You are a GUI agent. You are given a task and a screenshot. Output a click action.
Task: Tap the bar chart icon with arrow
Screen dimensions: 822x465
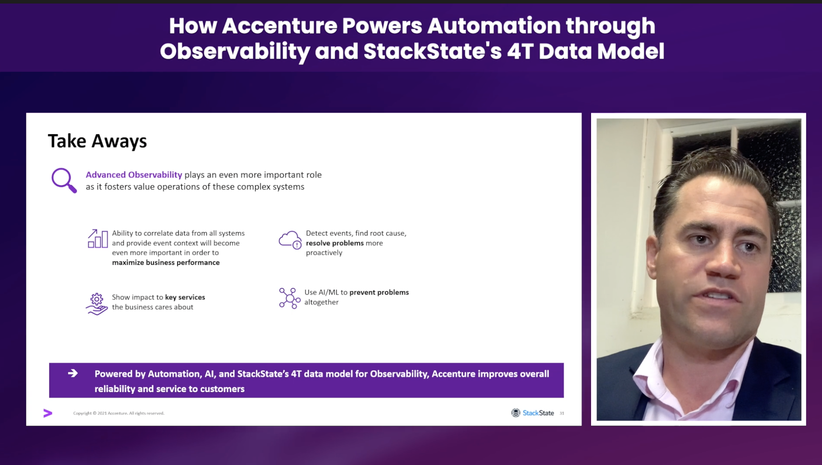[97, 239]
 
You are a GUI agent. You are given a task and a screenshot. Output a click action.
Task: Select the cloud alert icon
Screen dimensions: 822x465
[290, 240]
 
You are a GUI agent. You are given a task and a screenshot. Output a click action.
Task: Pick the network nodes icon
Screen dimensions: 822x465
[289, 298]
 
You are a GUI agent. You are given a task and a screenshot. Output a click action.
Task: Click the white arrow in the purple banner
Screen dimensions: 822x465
[73, 373]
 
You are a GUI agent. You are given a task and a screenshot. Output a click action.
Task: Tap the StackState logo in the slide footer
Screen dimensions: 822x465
[533, 413]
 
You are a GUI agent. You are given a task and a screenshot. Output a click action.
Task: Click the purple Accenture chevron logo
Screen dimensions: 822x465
[48, 413]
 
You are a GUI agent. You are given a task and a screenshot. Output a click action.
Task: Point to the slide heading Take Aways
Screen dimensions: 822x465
[97, 141]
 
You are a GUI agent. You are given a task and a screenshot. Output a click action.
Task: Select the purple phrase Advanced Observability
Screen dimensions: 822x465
[133, 174]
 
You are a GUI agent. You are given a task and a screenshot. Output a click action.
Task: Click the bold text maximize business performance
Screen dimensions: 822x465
[166, 262]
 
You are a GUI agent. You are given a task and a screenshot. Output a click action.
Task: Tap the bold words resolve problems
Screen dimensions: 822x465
[335, 243]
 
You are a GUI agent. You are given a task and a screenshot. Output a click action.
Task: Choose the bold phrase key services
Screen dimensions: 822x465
[185, 297]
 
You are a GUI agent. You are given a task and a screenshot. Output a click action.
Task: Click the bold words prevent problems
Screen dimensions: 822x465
[379, 292]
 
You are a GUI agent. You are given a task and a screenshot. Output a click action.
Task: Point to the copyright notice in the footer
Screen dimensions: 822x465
[119, 413]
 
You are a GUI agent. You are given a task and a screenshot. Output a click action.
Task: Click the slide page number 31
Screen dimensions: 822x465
[562, 413]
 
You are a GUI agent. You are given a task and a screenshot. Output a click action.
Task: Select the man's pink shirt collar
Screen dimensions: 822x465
[685, 369]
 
